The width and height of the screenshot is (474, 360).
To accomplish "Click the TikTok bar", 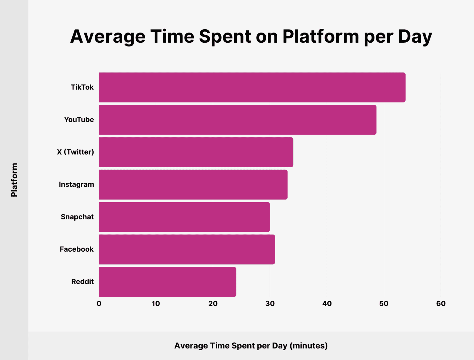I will pos(252,87).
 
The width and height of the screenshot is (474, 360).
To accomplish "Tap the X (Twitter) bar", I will pos(196,152).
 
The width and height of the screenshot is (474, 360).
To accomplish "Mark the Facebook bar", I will pos(187,249).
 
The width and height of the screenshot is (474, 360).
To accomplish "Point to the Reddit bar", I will pos(167,282).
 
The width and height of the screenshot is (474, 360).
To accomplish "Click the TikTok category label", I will pos(82,87).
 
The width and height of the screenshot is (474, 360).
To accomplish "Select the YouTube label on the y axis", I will pos(79,120).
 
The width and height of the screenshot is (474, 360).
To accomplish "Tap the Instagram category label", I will pos(76,184).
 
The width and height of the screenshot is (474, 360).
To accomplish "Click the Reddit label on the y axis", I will pos(82,282).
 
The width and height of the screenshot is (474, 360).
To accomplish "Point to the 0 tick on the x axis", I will pos(99,303).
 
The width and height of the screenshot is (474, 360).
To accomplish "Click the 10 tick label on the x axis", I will pos(156,303).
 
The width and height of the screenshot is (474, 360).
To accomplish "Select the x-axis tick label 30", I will pos(270,303).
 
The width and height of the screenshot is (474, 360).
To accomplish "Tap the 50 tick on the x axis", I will pos(384,303).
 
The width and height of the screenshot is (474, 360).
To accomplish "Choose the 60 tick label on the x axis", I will pos(441,303).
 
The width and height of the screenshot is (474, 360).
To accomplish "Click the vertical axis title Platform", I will pos(14,180).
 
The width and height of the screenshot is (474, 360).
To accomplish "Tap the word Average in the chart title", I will pos(108,37).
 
